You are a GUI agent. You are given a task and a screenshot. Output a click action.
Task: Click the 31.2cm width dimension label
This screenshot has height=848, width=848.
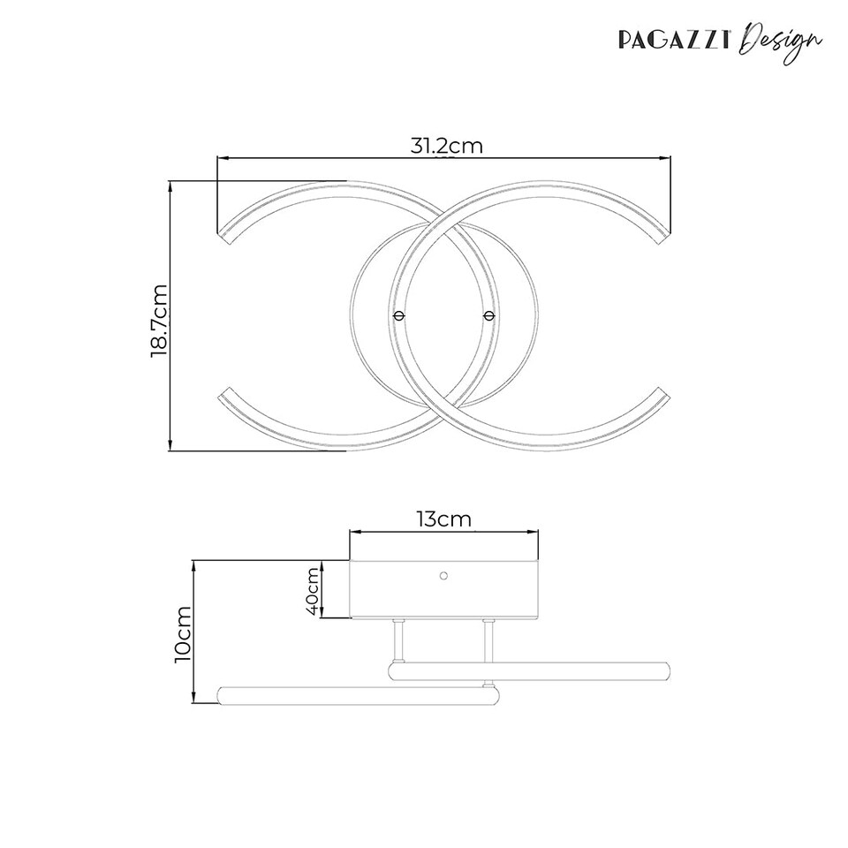[x=446, y=146]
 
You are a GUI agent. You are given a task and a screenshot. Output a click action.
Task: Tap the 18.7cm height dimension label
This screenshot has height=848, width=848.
[x=159, y=319]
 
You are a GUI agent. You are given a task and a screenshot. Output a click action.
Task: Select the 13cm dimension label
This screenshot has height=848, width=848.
[x=443, y=519]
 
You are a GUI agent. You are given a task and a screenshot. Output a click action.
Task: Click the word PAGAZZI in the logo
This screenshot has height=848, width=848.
[x=674, y=41]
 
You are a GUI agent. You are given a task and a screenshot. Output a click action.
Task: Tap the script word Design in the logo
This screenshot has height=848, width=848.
[x=781, y=41]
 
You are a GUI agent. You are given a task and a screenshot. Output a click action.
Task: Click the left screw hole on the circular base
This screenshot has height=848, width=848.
[x=398, y=314]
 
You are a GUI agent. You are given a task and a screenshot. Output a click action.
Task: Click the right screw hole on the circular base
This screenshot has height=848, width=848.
[x=488, y=314]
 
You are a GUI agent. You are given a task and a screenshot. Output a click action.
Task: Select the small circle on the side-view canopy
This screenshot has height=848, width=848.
[x=443, y=575]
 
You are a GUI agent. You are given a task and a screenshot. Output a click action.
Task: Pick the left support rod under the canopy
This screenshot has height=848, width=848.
[x=398, y=641]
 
